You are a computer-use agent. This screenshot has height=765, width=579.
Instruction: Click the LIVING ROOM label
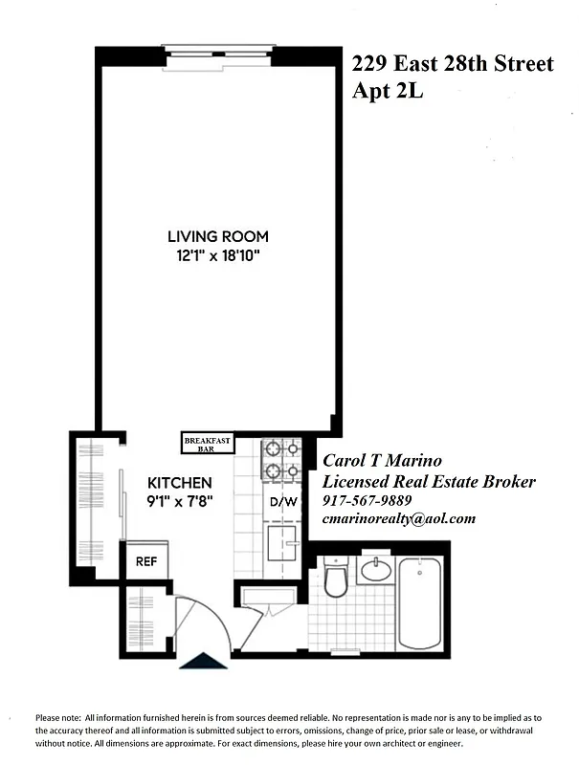(218, 236)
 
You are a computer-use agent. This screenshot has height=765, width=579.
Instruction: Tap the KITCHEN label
(180, 483)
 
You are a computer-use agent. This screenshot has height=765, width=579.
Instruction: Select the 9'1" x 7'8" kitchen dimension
(180, 500)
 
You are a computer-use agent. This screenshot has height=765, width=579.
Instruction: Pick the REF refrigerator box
(145, 562)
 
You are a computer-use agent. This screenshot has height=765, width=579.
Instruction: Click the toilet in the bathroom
(335, 579)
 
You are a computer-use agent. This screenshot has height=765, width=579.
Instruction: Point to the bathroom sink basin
(375, 572)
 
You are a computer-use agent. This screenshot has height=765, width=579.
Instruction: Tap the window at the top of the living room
(218, 54)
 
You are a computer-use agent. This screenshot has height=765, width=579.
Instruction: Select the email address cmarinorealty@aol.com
(398, 518)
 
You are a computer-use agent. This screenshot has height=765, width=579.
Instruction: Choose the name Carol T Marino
(382, 461)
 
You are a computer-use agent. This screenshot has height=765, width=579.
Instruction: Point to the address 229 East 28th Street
(453, 64)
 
